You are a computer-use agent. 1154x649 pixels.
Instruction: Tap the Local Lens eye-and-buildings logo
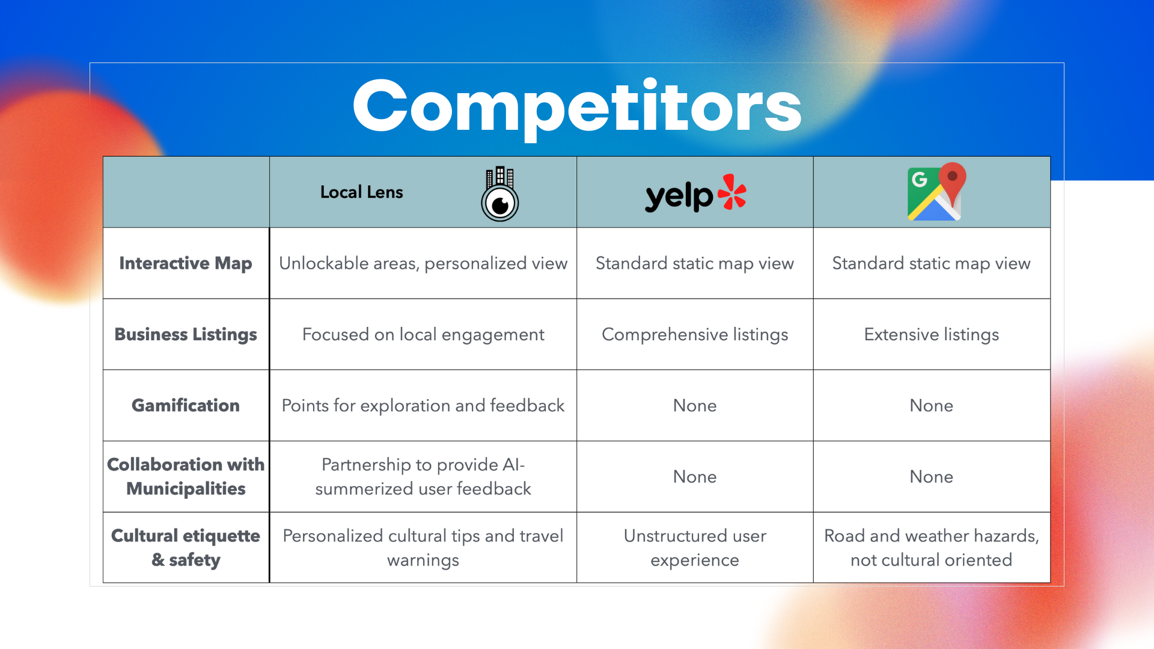click(x=500, y=194)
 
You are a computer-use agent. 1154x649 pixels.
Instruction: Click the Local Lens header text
click(x=361, y=192)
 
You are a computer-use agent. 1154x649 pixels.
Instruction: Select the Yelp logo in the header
click(x=695, y=193)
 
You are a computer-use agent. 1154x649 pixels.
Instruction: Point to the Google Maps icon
click(x=936, y=192)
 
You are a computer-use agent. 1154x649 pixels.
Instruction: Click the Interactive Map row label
click(x=186, y=263)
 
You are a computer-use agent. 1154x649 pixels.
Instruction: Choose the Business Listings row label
click(x=186, y=335)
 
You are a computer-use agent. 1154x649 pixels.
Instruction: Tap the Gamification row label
click(x=186, y=406)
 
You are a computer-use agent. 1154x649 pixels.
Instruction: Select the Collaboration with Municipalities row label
click(x=186, y=477)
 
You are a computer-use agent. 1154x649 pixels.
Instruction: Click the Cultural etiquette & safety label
click(x=186, y=547)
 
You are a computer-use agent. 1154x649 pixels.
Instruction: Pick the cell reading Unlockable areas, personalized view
click(x=423, y=263)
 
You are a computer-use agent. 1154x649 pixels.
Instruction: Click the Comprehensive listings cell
click(x=695, y=335)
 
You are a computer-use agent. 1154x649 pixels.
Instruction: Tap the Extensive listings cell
click(x=932, y=335)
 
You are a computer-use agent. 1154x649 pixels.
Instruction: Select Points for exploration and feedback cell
click(x=423, y=406)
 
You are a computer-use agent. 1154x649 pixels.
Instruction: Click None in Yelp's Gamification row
click(x=695, y=406)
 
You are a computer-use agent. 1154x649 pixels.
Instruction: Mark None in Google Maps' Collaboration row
click(x=932, y=477)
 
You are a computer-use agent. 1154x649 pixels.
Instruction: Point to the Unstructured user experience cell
click(x=695, y=547)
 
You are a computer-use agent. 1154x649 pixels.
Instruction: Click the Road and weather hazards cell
click(x=932, y=547)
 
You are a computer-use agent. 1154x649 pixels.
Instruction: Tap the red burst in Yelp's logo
click(x=732, y=192)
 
